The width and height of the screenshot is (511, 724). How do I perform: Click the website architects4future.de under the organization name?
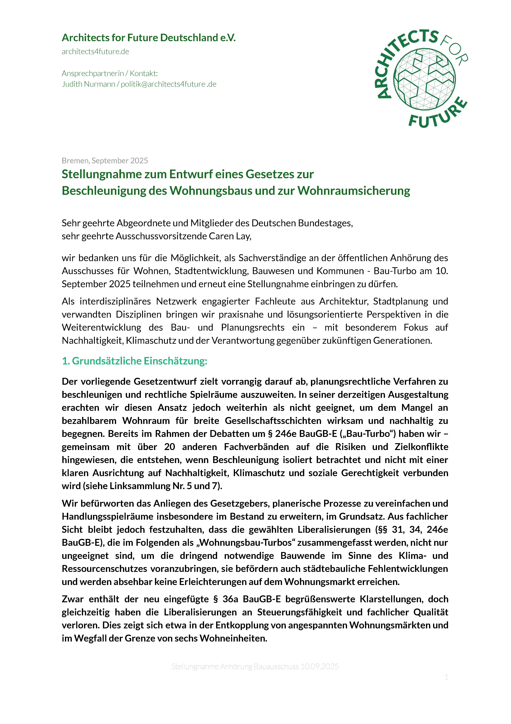[x=95, y=52]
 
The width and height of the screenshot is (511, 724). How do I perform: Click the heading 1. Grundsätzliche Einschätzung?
[x=134, y=361]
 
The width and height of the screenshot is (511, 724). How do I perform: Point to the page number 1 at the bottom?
[x=446, y=677]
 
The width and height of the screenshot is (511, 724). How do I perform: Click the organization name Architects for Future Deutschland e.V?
[x=149, y=38]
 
